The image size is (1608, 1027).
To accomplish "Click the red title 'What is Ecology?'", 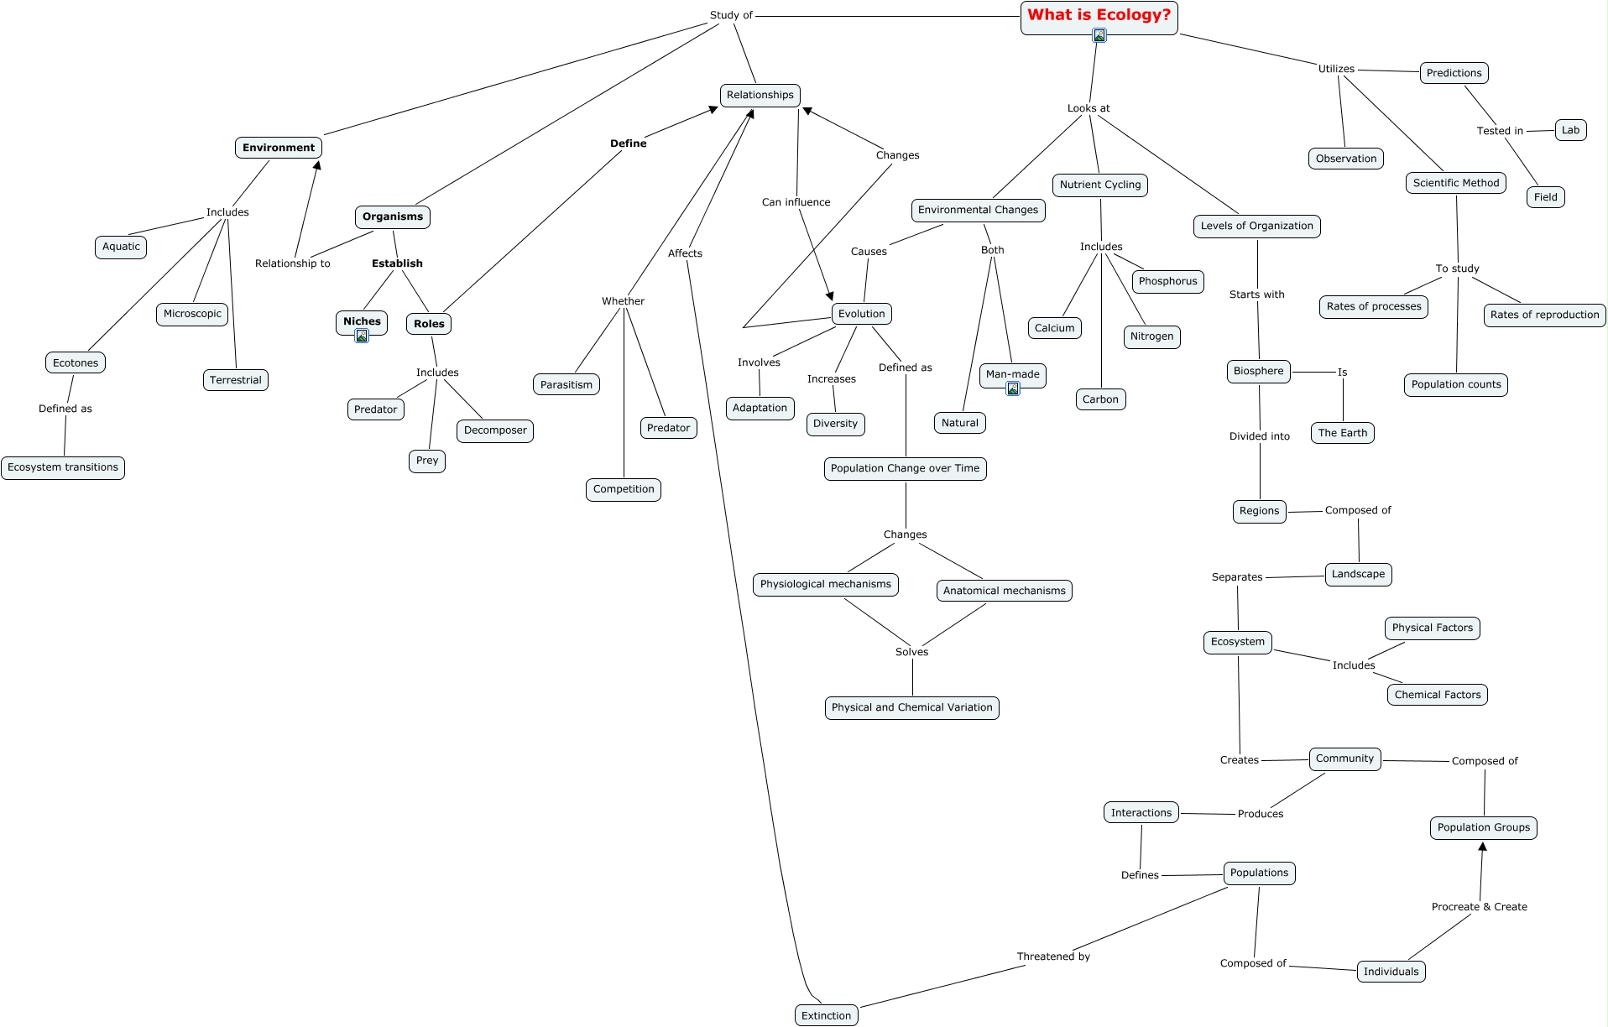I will tap(1099, 15).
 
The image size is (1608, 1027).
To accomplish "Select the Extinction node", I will tap(826, 1015).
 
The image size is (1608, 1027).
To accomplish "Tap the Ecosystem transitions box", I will tap(63, 467).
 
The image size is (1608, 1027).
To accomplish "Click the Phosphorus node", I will tap(1167, 281).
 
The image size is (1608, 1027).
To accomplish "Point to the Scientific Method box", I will tap(1455, 183).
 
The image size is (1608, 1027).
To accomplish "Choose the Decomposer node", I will tap(495, 430).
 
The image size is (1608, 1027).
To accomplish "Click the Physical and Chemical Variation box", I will tap(911, 707).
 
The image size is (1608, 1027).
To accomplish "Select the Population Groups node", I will tap(1483, 827).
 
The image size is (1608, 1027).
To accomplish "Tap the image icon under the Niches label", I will tap(362, 336).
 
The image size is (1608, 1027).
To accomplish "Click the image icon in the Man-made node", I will tap(1013, 388).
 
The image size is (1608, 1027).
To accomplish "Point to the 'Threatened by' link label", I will tap(1053, 957).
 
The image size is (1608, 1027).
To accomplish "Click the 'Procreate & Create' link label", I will tap(1479, 907).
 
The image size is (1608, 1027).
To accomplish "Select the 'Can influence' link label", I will tap(796, 202).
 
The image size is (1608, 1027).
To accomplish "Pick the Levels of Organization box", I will tap(1256, 226).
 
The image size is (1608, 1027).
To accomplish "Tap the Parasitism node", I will tap(566, 384).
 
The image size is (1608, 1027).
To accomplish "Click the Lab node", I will tap(1570, 130).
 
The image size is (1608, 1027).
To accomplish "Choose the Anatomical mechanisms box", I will tap(1004, 591).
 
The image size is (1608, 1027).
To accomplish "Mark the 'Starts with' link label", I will tap(1256, 295).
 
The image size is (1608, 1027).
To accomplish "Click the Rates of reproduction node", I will tap(1544, 315).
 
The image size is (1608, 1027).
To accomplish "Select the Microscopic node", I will tap(192, 314).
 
